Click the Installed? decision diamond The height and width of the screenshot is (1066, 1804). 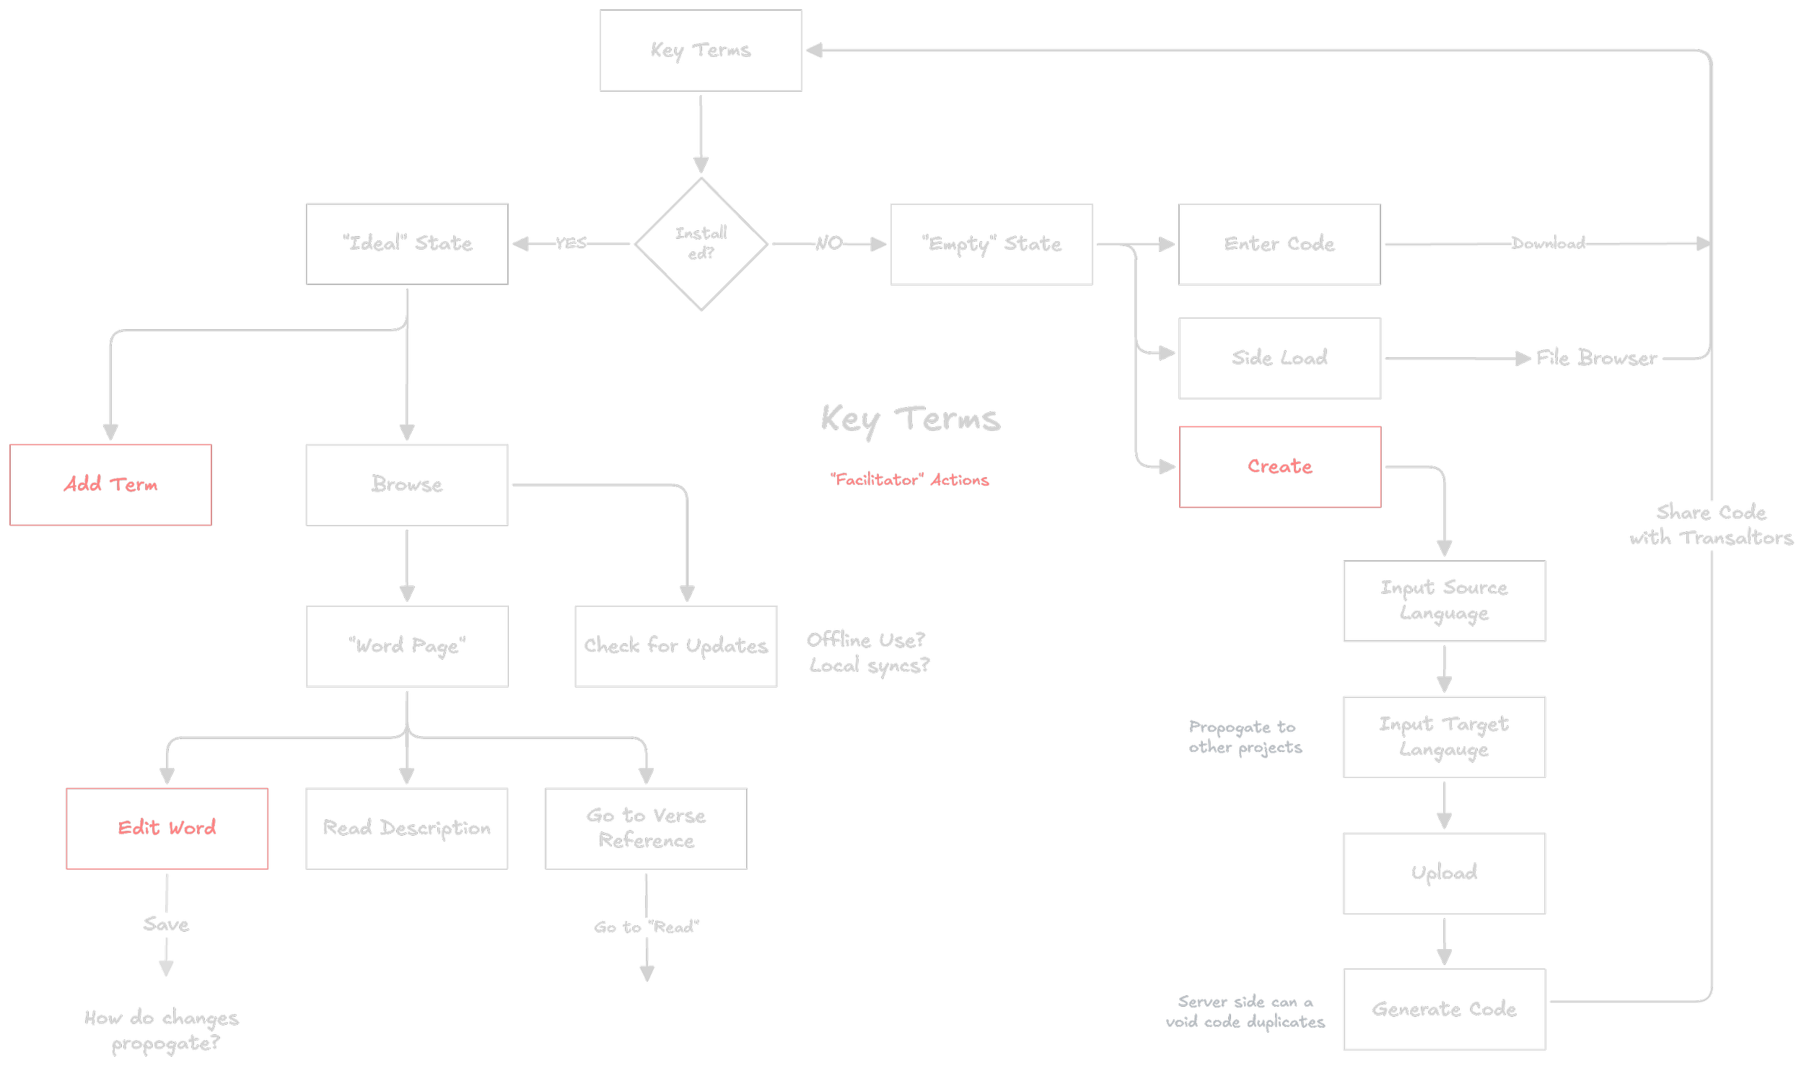coord(701,243)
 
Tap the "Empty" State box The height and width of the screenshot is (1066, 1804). coord(991,244)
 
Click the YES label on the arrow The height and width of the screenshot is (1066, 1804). coord(571,243)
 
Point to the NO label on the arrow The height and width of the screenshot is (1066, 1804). coord(829,243)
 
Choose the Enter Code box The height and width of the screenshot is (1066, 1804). coord(1279,244)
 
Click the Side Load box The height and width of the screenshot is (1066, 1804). coord(1279,358)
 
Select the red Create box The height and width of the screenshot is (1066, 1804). coord(1279,466)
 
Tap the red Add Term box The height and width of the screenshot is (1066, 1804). coord(110,484)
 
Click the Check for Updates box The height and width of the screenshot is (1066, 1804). coord(675,646)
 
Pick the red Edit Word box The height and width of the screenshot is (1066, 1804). coord(167,828)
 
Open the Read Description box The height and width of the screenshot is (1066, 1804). coord(406,828)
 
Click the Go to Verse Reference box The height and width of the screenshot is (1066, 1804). coord(646,828)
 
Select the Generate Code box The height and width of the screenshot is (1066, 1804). coord(1443,1009)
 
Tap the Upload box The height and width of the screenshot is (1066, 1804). coord(1443,873)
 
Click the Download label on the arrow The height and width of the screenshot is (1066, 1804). coord(1548,243)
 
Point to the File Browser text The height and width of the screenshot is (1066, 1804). coord(1595,358)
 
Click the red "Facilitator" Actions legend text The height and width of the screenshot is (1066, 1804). coord(909,480)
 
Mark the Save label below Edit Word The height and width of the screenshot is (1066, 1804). coord(166,925)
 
